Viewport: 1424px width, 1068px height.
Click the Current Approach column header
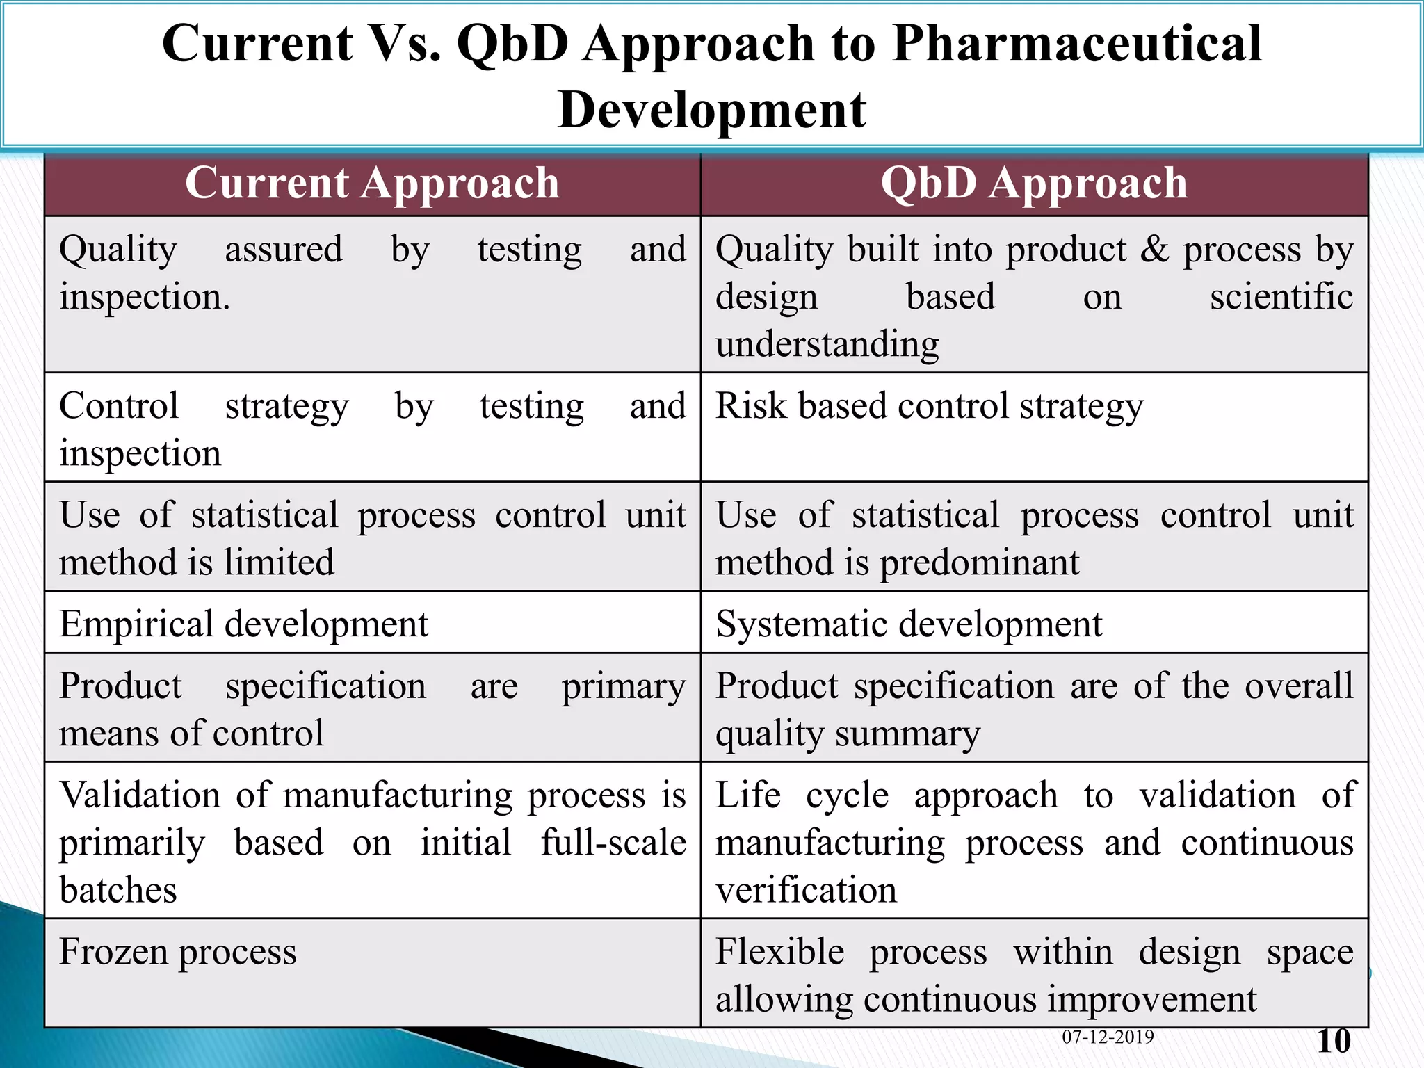pos(372,184)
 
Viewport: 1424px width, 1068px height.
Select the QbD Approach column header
pos(1034,184)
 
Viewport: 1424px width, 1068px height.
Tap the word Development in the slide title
pos(711,110)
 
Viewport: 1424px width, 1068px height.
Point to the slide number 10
pos(1334,1041)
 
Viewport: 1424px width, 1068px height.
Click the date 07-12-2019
pos(1108,1037)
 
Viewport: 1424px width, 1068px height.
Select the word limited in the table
pos(279,563)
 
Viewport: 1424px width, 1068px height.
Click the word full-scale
pos(613,843)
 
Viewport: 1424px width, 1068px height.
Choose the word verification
pos(806,890)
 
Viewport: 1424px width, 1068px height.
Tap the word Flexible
pos(779,952)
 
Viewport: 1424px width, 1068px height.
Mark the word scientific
pos(1281,297)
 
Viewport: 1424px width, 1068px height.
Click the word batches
pos(118,890)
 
